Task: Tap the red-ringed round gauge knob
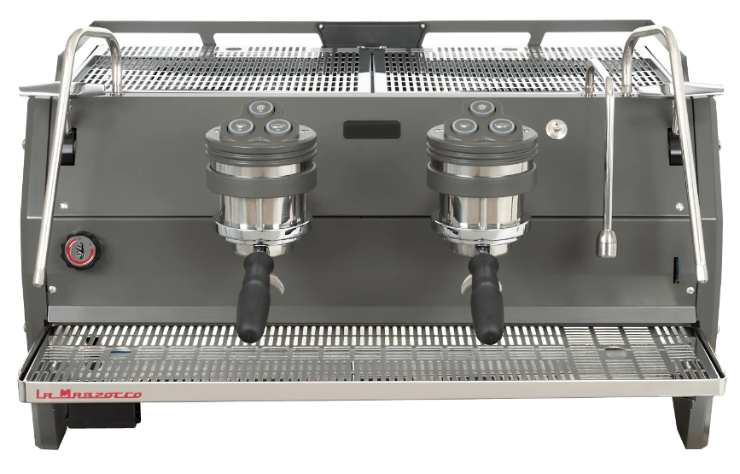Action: point(82,249)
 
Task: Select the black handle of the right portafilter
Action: point(486,299)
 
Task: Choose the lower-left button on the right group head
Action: point(463,126)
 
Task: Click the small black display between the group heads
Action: point(371,130)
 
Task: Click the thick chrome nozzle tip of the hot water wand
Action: point(607,243)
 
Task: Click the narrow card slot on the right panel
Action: point(676,270)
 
